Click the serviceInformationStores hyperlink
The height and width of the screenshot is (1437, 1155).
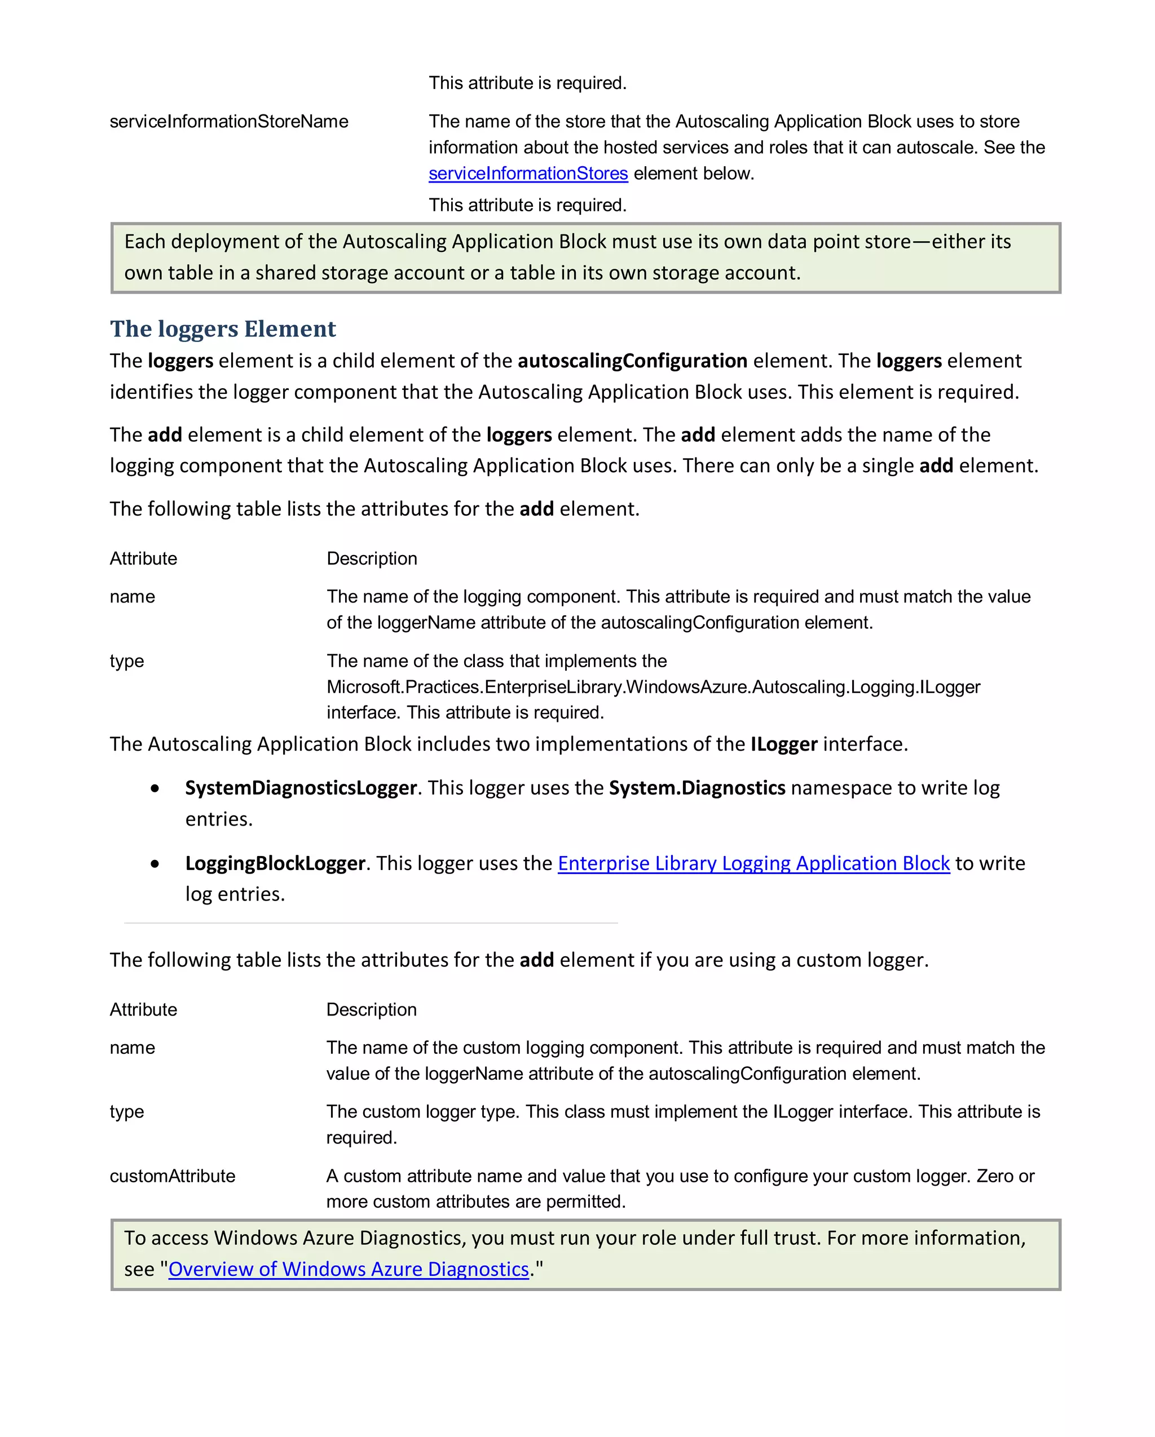point(527,174)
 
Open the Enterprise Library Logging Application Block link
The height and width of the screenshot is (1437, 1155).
point(753,863)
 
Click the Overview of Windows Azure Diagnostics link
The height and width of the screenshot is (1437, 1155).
point(349,1269)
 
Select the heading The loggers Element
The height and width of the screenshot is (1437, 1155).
point(223,329)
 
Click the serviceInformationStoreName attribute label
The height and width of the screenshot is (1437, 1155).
point(229,121)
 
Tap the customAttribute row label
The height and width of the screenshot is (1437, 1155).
point(172,1176)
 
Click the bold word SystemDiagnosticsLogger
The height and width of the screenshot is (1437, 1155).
point(301,788)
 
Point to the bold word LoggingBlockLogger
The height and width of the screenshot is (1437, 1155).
point(275,863)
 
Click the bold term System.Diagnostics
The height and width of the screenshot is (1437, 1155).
point(697,788)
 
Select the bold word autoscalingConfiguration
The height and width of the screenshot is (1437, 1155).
point(632,361)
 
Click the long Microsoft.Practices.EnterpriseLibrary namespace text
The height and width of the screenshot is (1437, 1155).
point(653,686)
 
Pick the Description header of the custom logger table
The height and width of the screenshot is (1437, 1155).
point(372,1010)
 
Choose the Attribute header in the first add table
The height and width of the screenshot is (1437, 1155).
point(143,558)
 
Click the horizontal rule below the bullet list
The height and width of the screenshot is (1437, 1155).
point(371,923)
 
